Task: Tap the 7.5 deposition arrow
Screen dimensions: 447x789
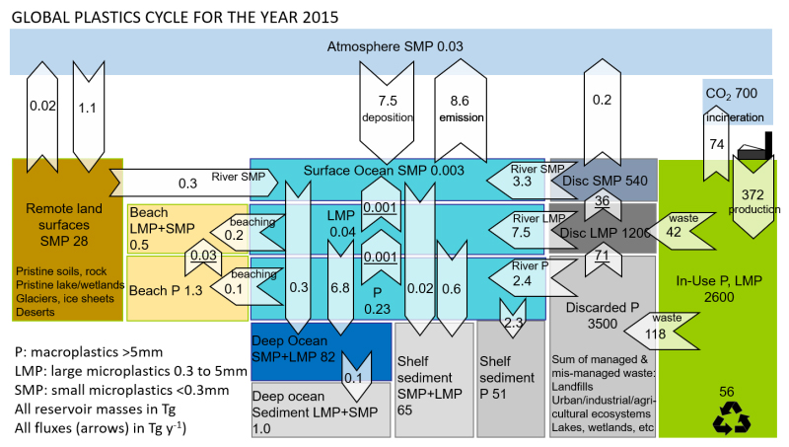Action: (x=387, y=109)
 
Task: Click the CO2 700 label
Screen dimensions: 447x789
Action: (x=730, y=93)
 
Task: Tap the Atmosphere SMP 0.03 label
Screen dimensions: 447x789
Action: (x=394, y=46)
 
